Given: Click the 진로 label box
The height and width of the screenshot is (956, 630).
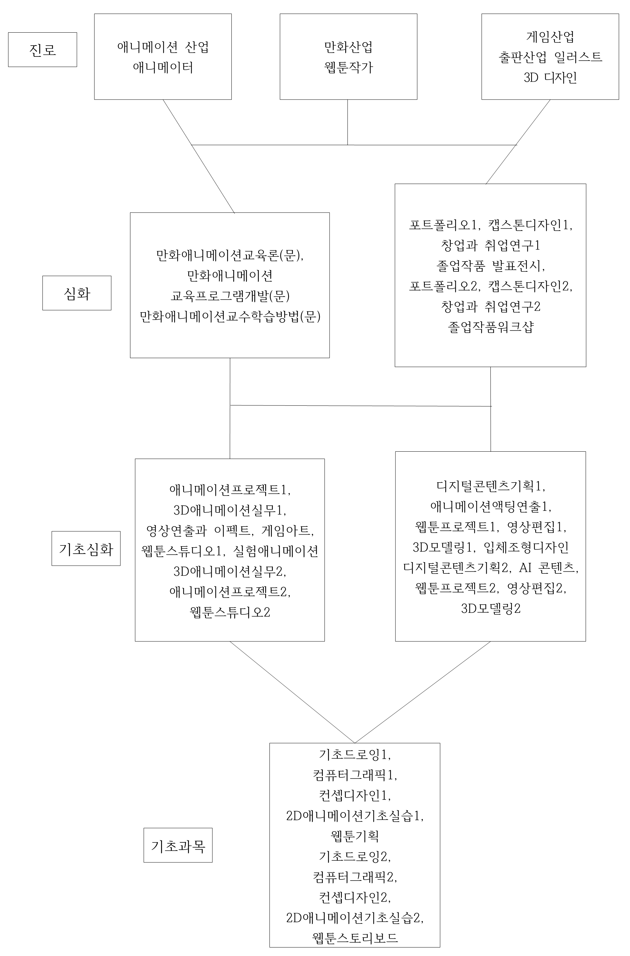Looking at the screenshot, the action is pos(42,49).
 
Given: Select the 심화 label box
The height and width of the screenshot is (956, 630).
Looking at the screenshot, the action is pos(77,293).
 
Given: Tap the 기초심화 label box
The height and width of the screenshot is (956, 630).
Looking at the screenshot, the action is pos(86,548).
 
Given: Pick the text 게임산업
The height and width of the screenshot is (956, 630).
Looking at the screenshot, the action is pos(550,37).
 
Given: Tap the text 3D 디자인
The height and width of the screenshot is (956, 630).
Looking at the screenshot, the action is pos(550,78).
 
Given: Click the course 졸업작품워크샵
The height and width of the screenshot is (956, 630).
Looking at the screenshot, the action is pos(491,327).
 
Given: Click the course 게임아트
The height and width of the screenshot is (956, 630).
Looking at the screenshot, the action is pos(285,530).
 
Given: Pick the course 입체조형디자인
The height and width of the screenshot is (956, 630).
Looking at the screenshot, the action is pos(526,547).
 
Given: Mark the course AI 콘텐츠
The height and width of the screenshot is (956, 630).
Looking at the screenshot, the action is pos(547,567).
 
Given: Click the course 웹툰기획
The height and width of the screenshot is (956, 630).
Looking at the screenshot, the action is pos(355,837).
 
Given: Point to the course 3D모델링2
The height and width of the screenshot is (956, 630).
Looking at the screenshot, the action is pos(491,608).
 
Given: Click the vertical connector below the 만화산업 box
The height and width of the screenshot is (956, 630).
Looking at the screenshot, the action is pos(348,122).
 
